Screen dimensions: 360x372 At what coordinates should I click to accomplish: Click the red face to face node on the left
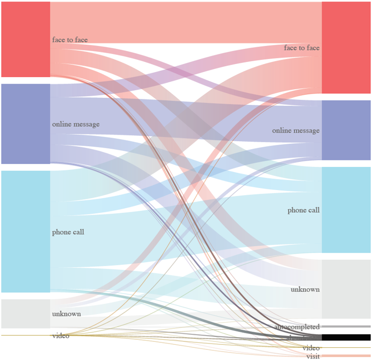click(x=25, y=39)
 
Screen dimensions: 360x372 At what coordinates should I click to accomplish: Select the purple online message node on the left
click(x=25, y=124)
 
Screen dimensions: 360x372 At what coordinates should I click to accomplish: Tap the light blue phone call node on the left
click(x=25, y=231)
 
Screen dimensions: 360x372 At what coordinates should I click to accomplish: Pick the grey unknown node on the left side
click(x=25, y=314)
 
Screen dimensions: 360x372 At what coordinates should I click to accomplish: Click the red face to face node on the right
click(x=346, y=47)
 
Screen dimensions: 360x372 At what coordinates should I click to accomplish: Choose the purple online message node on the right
click(x=346, y=130)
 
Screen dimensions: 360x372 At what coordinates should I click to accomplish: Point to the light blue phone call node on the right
click(x=346, y=210)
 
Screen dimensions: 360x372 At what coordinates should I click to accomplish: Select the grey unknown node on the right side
click(x=346, y=289)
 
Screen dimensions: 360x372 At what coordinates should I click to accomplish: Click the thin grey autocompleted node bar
click(x=346, y=327)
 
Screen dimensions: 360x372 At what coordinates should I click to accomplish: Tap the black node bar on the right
click(x=346, y=337)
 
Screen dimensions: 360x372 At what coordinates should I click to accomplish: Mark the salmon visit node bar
click(x=346, y=356)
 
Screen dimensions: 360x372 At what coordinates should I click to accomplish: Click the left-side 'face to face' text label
click(x=70, y=39)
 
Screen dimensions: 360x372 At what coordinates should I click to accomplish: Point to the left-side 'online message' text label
click(x=76, y=124)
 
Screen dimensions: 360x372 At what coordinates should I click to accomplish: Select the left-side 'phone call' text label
click(x=68, y=232)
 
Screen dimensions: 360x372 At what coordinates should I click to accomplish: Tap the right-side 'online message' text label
click(x=296, y=131)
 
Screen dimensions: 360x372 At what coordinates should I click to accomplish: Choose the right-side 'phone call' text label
click(x=303, y=210)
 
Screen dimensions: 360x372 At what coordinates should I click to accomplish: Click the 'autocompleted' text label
click(x=297, y=327)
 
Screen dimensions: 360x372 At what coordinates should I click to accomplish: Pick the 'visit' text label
click(x=313, y=356)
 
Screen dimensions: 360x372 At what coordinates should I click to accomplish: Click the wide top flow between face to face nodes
click(x=187, y=23)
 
